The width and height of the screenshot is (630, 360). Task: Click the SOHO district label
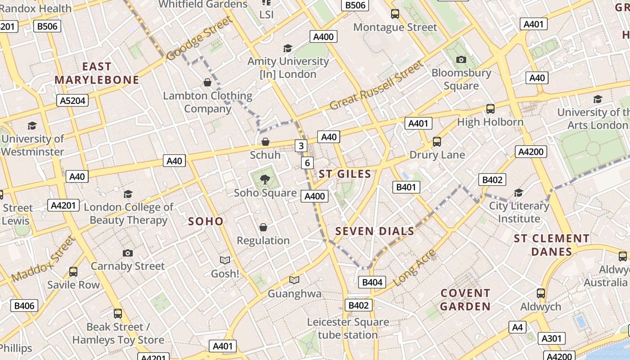[206, 221]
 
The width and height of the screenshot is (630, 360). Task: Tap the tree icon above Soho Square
[265, 180]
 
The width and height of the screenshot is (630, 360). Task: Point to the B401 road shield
[406, 187]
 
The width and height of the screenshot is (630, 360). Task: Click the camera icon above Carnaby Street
[128, 253]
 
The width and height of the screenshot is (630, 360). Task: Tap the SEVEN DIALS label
[375, 231]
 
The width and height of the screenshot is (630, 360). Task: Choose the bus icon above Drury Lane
[436, 142]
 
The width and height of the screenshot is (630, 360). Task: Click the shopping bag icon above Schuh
[265, 142]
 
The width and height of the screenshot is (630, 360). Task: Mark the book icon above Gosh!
[225, 260]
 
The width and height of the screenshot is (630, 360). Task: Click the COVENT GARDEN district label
[465, 300]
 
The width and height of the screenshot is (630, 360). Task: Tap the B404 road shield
[372, 282]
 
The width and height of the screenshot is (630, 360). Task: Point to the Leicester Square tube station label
[348, 328]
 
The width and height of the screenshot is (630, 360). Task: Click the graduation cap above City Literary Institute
[518, 193]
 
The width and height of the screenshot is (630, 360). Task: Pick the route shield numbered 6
[307, 163]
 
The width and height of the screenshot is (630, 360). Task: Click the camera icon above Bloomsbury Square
[461, 59]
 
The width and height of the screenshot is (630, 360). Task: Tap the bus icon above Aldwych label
[541, 293]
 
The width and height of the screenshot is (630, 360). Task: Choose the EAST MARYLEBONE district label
[97, 73]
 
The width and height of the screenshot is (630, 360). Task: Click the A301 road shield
[551, 338]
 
